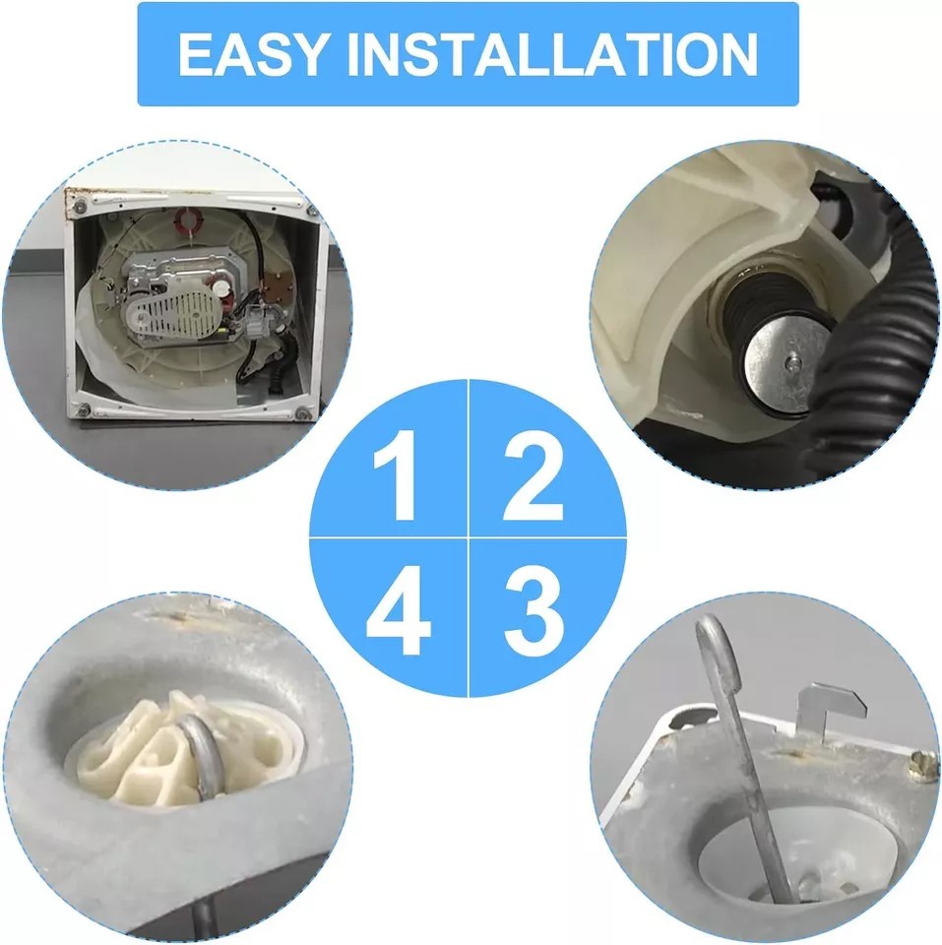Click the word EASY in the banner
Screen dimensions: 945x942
pos(253,54)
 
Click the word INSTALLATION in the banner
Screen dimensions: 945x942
pos(552,54)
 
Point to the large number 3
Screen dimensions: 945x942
pos(533,610)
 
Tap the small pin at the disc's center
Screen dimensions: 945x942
pos(791,363)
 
